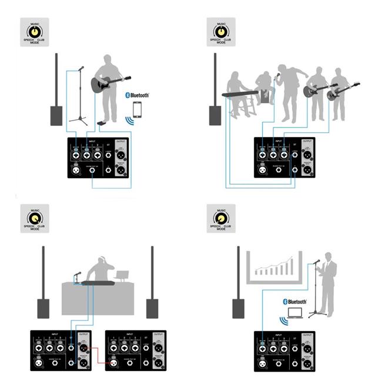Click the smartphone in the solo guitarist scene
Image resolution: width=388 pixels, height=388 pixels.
coord(137,110)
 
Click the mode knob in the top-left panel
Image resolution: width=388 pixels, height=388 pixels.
coord(35,29)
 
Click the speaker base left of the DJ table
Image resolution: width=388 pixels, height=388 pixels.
coord(44,308)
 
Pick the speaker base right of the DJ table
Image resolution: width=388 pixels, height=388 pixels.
coord(152,308)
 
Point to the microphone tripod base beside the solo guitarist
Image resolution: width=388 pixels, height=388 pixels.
coord(79,121)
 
